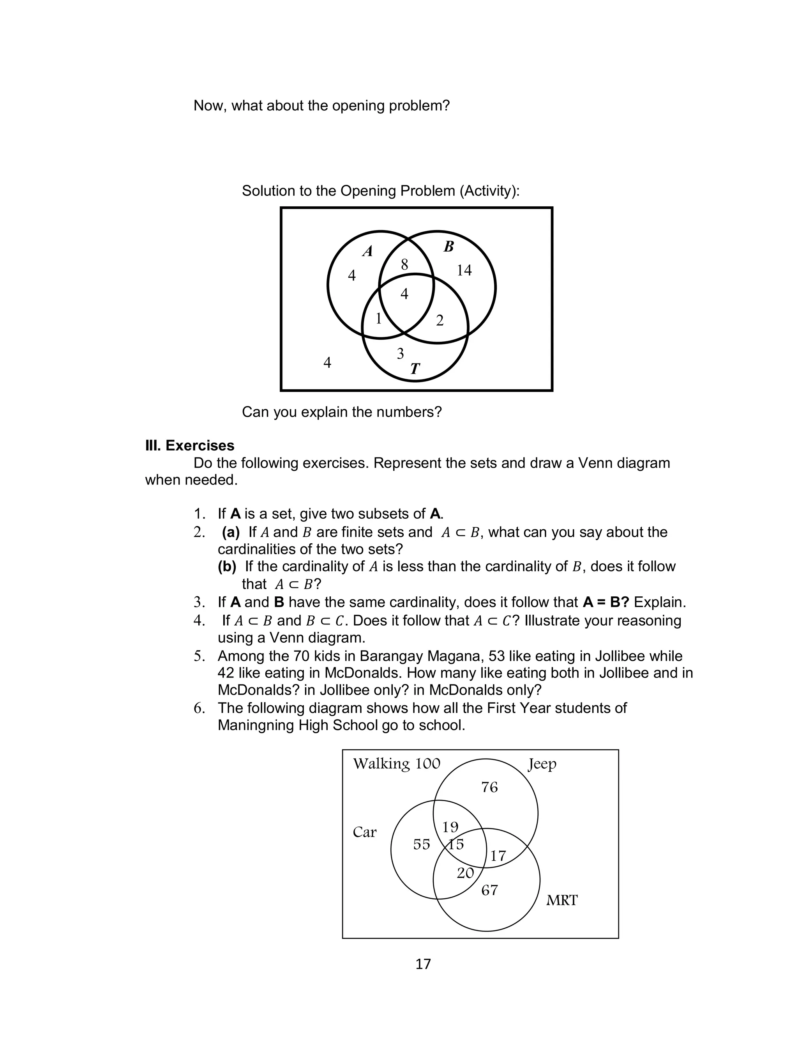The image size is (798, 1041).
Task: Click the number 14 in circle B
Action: click(464, 270)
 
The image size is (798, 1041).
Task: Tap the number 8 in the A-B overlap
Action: click(404, 265)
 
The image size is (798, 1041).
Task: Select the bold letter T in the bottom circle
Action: click(415, 369)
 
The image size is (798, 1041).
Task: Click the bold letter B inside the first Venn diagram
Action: click(448, 247)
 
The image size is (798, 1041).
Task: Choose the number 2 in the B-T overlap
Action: click(440, 321)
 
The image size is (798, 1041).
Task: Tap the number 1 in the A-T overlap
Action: click(379, 319)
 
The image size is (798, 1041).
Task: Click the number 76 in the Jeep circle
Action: click(489, 787)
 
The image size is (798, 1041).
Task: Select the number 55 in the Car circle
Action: click(421, 845)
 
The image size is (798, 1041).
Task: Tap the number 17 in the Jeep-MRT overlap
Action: click(498, 856)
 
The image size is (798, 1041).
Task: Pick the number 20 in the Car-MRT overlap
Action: click(465, 873)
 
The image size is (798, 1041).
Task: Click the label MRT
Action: click(561, 901)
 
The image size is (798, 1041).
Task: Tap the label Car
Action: click(364, 832)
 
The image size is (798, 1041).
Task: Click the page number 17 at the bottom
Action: click(423, 965)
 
